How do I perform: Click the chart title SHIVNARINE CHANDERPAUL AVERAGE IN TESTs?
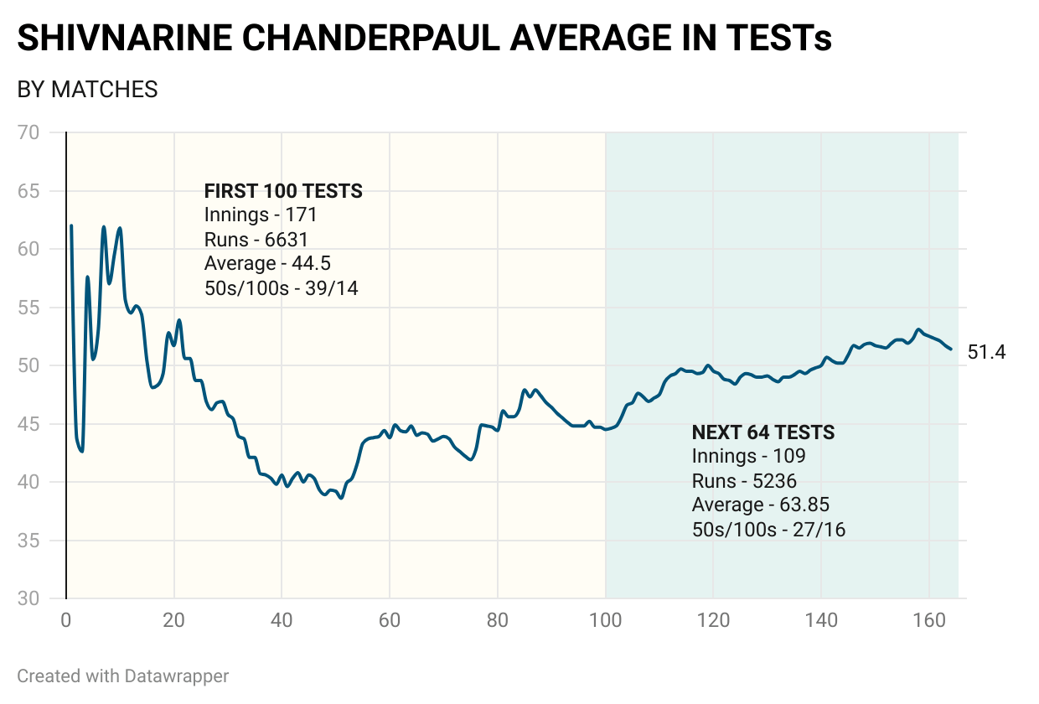click(424, 39)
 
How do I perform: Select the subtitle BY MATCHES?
click(88, 90)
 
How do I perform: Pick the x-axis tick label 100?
click(605, 621)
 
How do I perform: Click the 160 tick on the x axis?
click(929, 621)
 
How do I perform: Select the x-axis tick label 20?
click(173, 621)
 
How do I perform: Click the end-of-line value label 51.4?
click(986, 352)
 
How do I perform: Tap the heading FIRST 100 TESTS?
click(283, 191)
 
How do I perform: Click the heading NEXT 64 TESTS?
click(762, 432)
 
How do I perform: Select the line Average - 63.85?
click(760, 505)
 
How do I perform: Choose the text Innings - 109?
click(748, 457)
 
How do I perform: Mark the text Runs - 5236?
click(744, 481)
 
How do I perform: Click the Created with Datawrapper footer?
click(122, 676)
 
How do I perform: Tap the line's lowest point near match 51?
click(341, 498)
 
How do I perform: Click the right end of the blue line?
click(950, 349)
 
